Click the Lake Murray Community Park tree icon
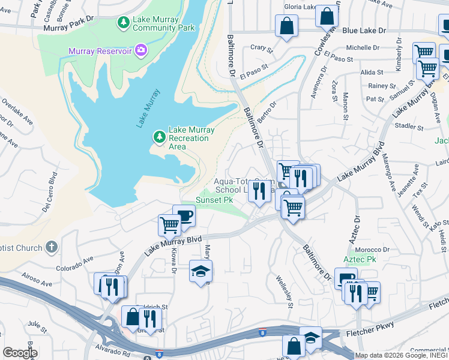click(x=124, y=23)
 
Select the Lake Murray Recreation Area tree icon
click(x=159, y=137)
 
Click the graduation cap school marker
click(x=201, y=272)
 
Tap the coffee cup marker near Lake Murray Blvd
click(x=184, y=216)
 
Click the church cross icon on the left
click(x=52, y=247)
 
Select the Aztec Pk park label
click(x=360, y=259)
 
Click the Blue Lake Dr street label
click(x=364, y=29)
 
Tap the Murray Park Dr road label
click(x=70, y=27)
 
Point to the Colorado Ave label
click(x=75, y=264)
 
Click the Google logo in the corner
click(x=20, y=353)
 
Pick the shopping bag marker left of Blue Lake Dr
click(x=286, y=26)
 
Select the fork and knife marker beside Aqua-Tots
click(x=259, y=191)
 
